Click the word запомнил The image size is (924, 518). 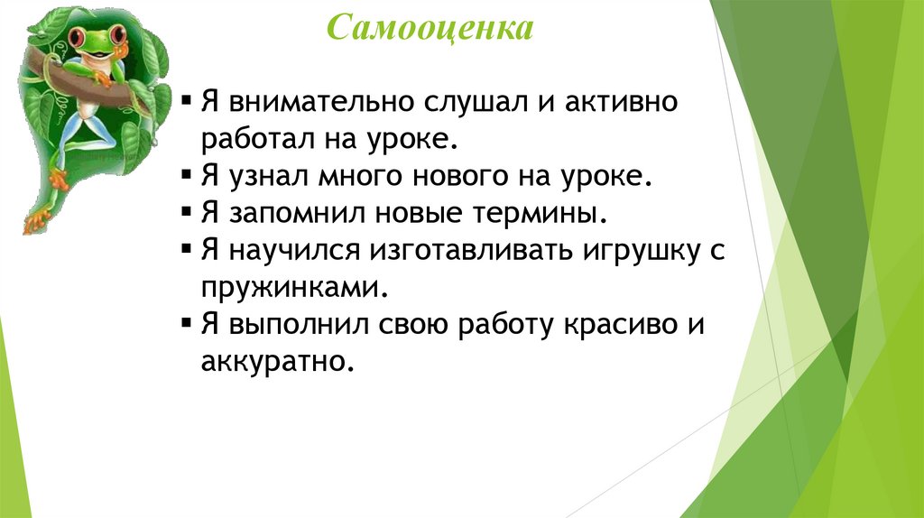289,215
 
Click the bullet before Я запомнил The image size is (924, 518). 186,216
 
